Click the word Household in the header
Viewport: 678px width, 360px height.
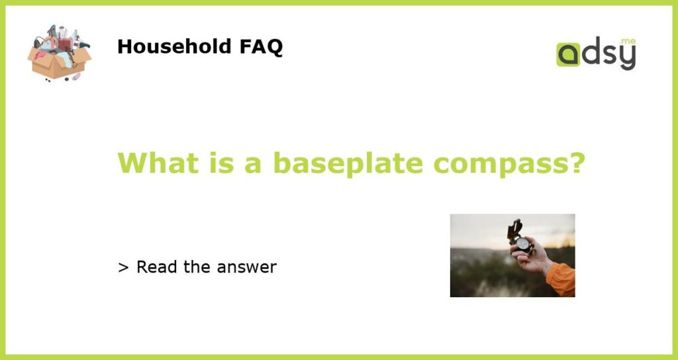point(174,46)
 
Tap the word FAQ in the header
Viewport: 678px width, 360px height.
point(261,47)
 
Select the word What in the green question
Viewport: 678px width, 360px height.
point(158,163)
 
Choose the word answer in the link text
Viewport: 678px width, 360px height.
point(246,268)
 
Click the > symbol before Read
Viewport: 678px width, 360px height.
point(123,267)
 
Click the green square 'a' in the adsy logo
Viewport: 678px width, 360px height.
point(568,54)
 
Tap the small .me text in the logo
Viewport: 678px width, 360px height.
point(628,42)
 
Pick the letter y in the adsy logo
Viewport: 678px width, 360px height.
point(628,58)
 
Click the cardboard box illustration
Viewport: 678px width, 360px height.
point(59,53)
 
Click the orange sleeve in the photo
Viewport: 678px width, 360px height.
point(561,279)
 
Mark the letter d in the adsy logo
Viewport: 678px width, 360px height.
point(591,52)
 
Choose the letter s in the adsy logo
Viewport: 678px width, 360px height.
point(610,56)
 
